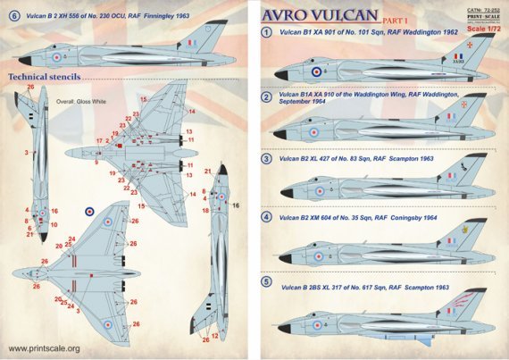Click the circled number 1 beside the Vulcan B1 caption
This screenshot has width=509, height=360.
coord(266,33)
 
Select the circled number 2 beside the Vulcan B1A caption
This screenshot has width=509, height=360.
coord(266,97)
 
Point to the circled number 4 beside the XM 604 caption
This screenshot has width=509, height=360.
coord(266,217)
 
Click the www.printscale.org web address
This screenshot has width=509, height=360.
coord(44,348)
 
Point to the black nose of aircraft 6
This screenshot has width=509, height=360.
coord(23,59)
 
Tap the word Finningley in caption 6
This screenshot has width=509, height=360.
coord(187,16)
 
